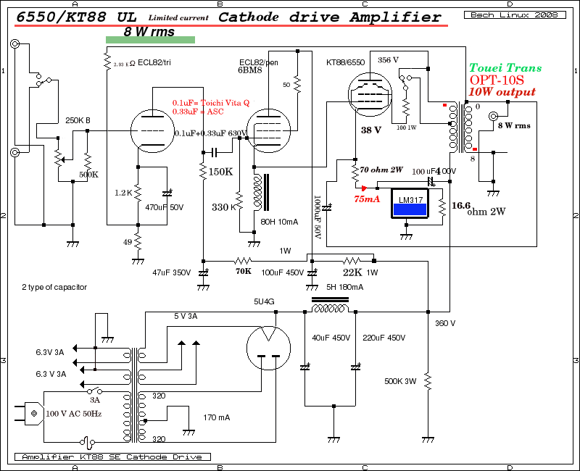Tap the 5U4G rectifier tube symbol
pyautogui.click(x=268, y=349)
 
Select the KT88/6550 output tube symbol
pyautogui.click(x=370, y=92)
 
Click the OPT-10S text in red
pyautogui.click(x=497, y=80)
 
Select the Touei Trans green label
pyautogui.click(x=505, y=68)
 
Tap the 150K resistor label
pyautogui.click(x=220, y=172)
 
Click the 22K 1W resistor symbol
pyautogui.click(x=352, y=260)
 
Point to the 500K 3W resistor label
pyautogui.click(x=401, y=381)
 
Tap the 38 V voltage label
pyautogui.click(x=370, y=130)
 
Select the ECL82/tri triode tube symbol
pyautogui.click(x=154, y=129)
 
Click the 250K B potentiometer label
pyautogui.click(x=78, y=120)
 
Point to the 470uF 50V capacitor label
pyautogui.click(x=164, y=207)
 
